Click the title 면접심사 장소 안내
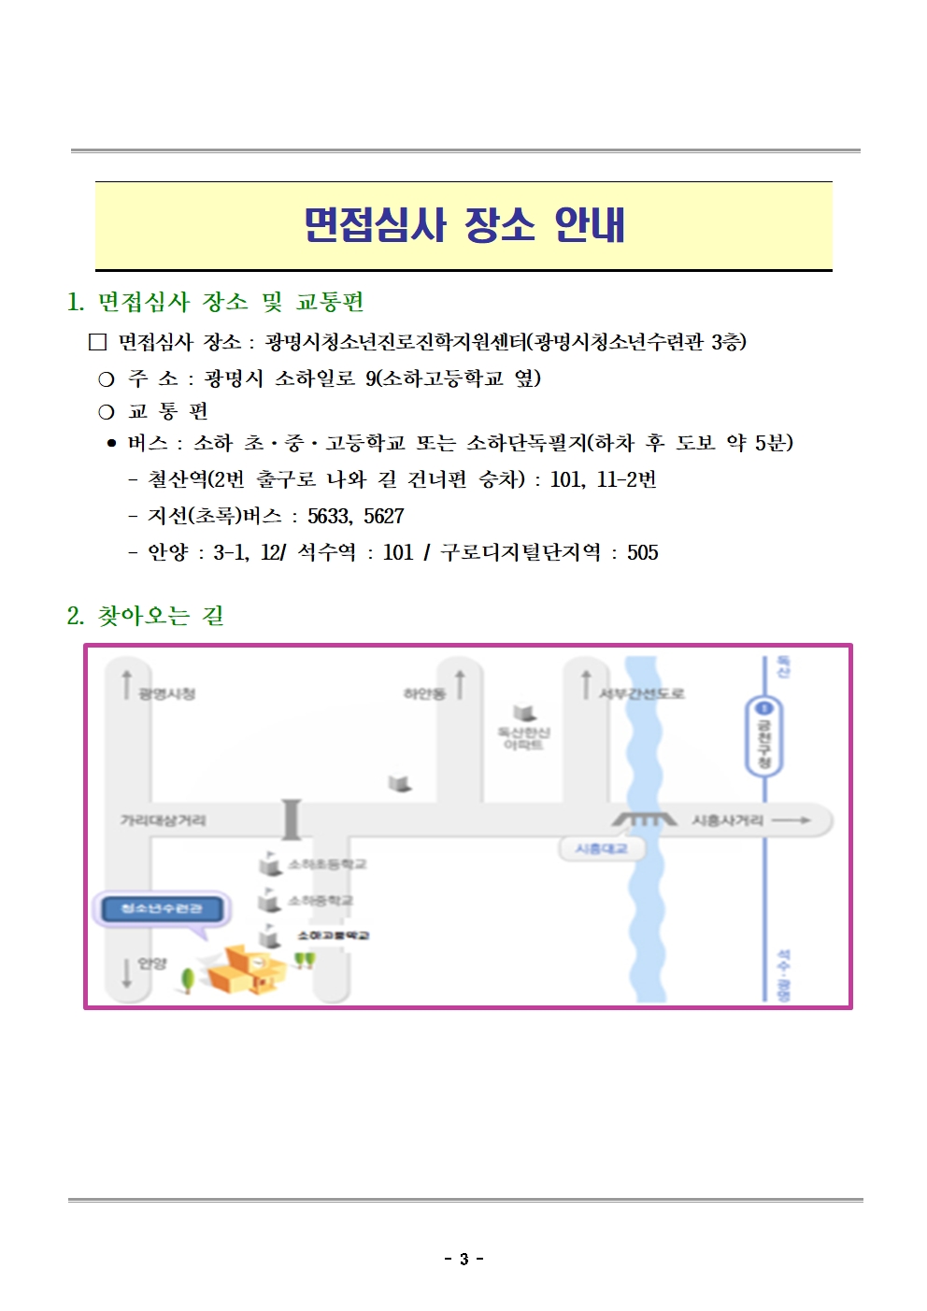pyautogui.click(x=463, y=225)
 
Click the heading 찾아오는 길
pyautogui.click(x=160, y=616)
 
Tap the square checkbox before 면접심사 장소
pyautogui.click(x=98, y=342)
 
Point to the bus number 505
pyautogui.click(x=643, y=552)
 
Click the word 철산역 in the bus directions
pyautogui.click(x=178, y=479)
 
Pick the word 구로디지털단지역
pyautogui.click(x=521, y=552)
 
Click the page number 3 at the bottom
pyautogui.click(x=463, y=1259)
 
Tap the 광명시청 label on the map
pyautogui.click(x=167, y=693)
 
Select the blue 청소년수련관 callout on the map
pyautogui.click(x=162, y=908)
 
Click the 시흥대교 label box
pyautogui.click(x=601, y=848)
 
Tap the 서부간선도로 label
pyautogui.click(x=641, y=693)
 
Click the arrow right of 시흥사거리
pyautogui.click(x=791, y=820)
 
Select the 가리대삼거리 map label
pyautogui.click(x=163, y=820)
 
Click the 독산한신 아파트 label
pyautogui.click(x=523, y=738)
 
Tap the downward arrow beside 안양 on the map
pyautogui.click(x=127, y=973)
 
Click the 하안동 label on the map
pyautogui.click(x=423, y=693)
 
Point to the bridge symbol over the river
pyautogui.click(x=645, y=819)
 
